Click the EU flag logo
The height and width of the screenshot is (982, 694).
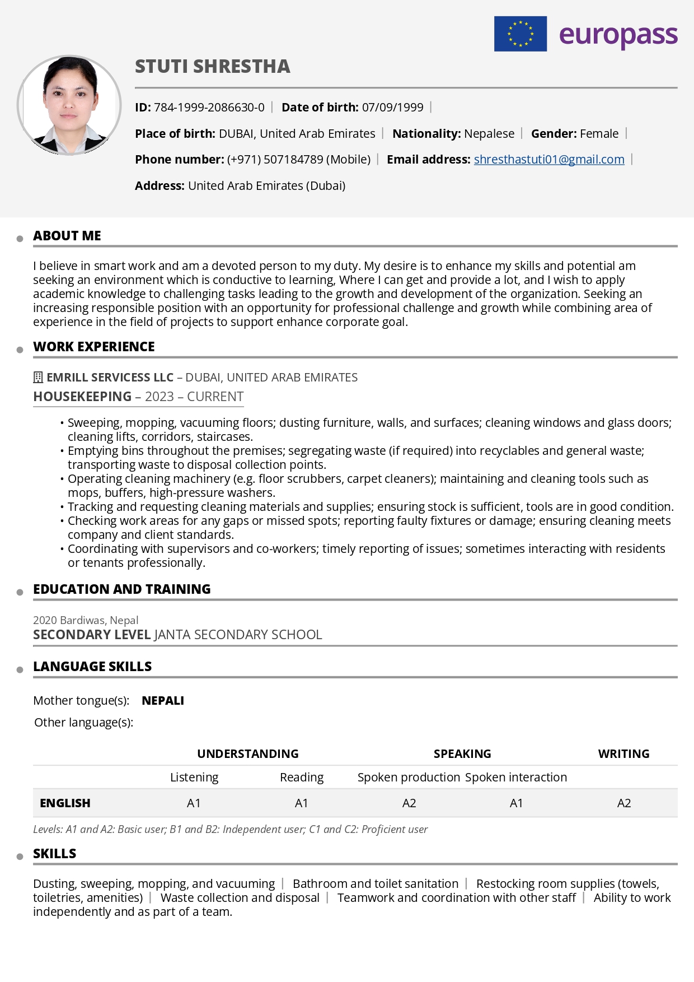(520, 34)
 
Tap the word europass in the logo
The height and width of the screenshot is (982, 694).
(618, 35)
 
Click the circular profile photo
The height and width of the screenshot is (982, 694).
(69, 105)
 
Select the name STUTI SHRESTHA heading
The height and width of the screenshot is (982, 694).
(213, 67)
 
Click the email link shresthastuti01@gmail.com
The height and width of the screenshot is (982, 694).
(548, 160)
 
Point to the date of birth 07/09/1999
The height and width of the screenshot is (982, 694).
(392, 108)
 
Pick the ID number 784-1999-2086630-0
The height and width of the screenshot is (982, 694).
(209, 108)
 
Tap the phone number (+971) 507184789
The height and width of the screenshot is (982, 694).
(275, 160)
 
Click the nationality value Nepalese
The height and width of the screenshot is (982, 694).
(489, 134)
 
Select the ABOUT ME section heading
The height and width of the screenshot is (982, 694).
(67, 236)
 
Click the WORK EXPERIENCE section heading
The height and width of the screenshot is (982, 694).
(94, 347)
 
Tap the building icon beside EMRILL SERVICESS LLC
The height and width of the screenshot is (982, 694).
(38, 378)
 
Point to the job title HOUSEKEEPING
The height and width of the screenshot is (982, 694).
(82, 397)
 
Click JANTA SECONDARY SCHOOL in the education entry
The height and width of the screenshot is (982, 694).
(238, 635)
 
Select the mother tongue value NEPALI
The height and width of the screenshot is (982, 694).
(163, 701)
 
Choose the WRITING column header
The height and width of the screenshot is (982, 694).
(623, 754)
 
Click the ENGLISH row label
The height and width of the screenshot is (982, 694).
(65, 803)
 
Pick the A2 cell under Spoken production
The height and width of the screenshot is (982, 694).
(409, 803)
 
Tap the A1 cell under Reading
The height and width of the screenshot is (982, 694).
(302, 803)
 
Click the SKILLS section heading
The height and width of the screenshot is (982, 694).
(55, 854)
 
